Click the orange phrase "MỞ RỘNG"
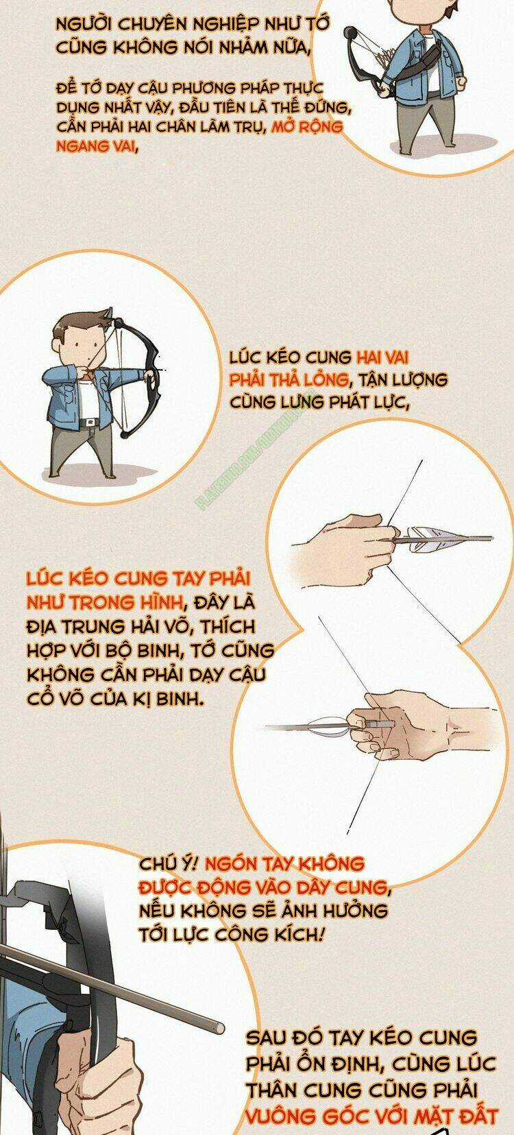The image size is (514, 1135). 306,128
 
